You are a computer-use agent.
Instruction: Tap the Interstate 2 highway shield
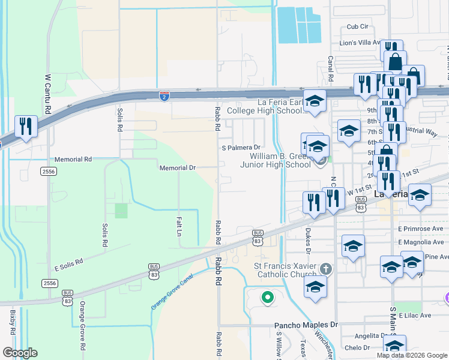[164, 96]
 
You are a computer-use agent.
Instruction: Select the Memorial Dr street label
[177, 168]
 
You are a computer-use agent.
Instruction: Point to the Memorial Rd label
[73, 160]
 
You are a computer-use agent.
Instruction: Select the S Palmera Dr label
[241, 147]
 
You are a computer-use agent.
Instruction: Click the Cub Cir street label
[357, 26]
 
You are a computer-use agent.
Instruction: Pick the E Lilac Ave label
[414, 315]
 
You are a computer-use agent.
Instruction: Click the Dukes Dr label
[309, 236]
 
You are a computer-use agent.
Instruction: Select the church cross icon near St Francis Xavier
[325, 268]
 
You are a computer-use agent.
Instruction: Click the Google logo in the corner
[20, 353]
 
